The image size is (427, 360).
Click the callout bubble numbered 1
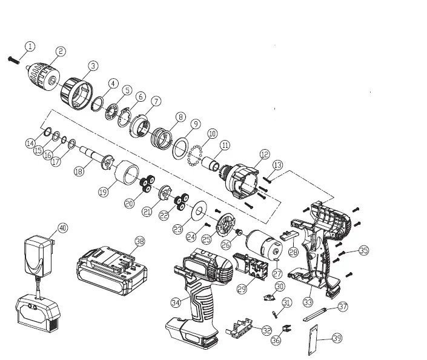tap(30, 46)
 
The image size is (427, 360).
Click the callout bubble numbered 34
tap(176, 302)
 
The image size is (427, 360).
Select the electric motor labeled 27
tap(265, 244)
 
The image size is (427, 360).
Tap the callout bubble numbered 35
tap(363, 250)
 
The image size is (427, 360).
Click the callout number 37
tap(343, 307)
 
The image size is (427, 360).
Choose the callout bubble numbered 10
tap(212, 133)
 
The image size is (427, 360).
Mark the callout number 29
tap(242, 289)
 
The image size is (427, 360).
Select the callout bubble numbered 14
tap(30, 143)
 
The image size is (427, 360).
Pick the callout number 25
tap(206, 239)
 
